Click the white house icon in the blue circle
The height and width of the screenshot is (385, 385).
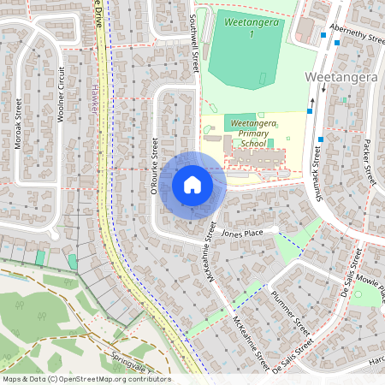coord(192,184)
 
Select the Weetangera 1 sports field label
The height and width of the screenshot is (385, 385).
coord(252,27)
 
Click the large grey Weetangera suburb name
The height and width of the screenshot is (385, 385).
coord(341,77)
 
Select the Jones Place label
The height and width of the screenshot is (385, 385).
coord(240,233)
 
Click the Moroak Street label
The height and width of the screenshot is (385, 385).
coord(18,124)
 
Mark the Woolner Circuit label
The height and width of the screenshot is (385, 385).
coord(60,94)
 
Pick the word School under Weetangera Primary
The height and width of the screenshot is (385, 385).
coord(253,144)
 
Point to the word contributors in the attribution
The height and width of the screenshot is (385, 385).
coord(145,379)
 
